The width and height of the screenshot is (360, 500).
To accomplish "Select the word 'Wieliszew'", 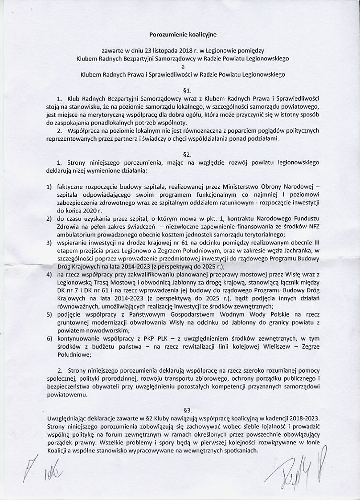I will click(x=265, y=347).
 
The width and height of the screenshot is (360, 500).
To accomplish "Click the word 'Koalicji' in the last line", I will click(x=58, y=451).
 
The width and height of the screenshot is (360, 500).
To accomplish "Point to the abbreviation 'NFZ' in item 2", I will click(x=311, y=227).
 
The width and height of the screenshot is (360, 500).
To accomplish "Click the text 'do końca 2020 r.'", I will click(x=76, y=210).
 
